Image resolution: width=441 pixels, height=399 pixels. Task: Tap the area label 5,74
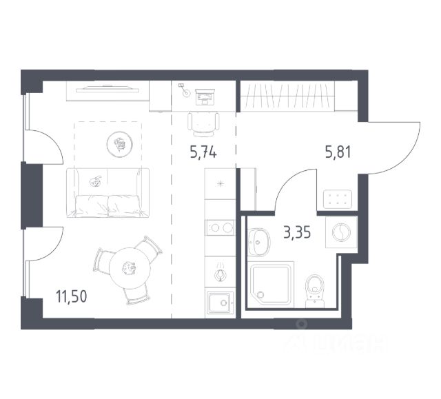point(203,152)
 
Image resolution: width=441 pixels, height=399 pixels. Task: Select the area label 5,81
point(338,152)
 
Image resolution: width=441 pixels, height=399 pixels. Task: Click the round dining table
point(127,266)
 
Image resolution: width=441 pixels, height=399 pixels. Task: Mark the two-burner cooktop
point(220,227)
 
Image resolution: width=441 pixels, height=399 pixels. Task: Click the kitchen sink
point(219,303)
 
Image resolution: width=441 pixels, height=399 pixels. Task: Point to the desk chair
point(204,124)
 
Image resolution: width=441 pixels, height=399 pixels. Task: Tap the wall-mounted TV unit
point(107,90)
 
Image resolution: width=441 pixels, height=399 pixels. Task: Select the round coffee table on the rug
point(118,144)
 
